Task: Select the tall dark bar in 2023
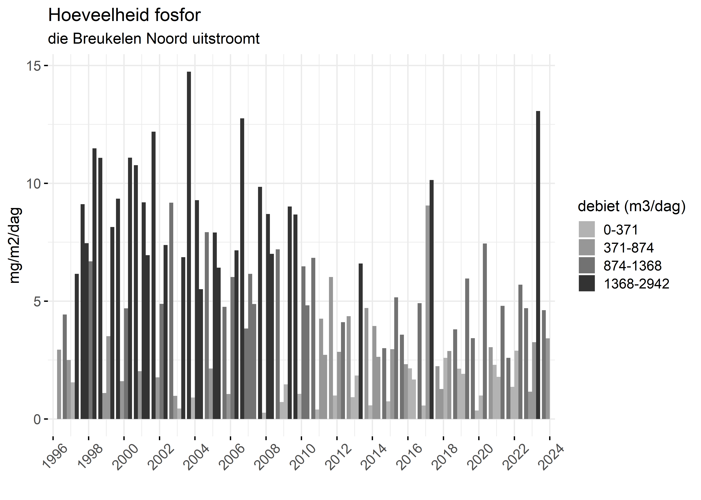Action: (x=538, y=265)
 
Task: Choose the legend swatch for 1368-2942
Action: (x=587, y=283)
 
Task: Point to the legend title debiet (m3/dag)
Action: (x=632, y=206)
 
